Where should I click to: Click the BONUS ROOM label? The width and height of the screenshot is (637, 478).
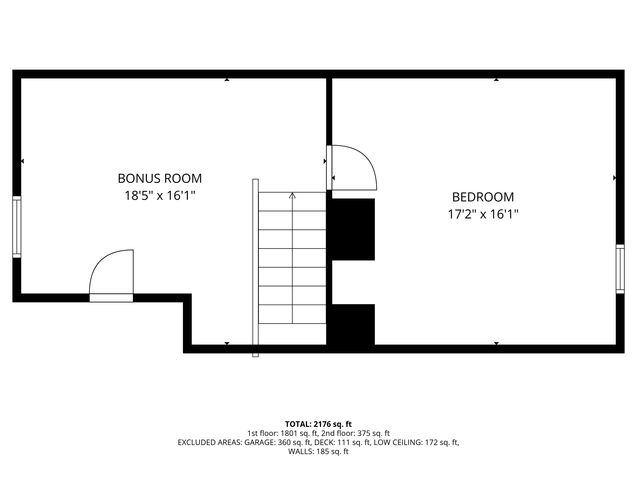160,178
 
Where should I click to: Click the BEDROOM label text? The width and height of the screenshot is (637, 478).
483,197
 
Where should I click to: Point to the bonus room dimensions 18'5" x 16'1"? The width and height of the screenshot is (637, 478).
160,196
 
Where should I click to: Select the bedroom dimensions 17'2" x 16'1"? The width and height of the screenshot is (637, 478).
483,214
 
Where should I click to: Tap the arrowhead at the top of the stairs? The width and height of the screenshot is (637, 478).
292,195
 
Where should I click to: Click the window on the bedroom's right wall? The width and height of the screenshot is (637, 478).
620,269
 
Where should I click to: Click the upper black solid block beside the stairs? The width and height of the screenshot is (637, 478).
353,229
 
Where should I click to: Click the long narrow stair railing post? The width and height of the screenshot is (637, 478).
255,268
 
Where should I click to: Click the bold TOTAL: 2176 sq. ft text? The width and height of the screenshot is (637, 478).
318,424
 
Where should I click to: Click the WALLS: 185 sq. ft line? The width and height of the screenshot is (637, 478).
318,451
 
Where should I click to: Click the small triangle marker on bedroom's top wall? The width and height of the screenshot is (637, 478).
496,79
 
